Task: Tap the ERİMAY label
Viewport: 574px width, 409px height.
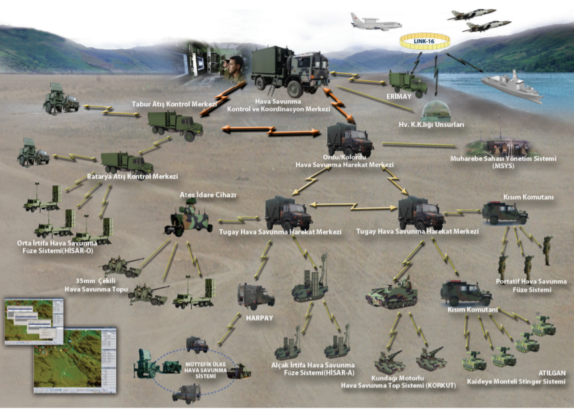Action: click(399, 96)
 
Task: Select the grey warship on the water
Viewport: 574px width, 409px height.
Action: click(512, 87)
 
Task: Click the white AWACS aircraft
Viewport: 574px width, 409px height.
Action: click(376, 23)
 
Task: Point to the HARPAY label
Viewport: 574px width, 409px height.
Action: click(259, 318)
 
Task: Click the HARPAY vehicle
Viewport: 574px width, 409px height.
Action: click(255, 296)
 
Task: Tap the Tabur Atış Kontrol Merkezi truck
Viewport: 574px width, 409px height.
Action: click(176, 125)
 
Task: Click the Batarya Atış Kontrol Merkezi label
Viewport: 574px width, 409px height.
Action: click(133, 177)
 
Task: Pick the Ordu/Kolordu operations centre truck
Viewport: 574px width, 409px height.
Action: click(350, 139)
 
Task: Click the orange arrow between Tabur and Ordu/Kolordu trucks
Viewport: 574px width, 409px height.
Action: click(271, 131)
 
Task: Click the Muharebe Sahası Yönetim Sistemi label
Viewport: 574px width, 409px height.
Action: click(504, 162)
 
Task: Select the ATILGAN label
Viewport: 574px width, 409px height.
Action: click(552, 373)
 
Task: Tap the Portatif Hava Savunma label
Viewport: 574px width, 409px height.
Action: click(531, 282)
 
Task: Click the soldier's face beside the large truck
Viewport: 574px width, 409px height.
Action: click(236, 64)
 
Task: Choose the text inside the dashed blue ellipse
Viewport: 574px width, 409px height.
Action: click(205, 370)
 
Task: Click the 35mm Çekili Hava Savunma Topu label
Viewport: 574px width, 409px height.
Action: click(96, 285)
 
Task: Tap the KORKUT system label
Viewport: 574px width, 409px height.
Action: click(398, 382)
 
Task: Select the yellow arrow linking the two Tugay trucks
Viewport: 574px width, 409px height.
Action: click(354, 206)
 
